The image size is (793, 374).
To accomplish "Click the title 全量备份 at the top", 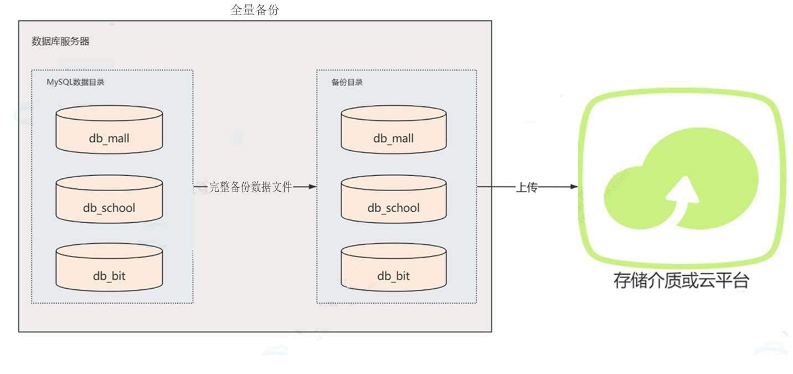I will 255,10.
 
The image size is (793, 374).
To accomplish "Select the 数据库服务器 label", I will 60,42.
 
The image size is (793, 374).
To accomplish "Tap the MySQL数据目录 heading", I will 76,83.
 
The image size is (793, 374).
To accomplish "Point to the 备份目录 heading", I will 347,83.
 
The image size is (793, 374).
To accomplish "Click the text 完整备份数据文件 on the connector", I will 250,187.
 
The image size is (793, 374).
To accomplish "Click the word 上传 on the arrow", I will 527,187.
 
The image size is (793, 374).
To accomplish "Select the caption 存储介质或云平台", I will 681,281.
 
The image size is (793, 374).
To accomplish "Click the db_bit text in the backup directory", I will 394,276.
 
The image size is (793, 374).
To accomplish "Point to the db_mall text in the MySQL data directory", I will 109,138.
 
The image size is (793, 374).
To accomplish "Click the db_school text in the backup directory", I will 394,208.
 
